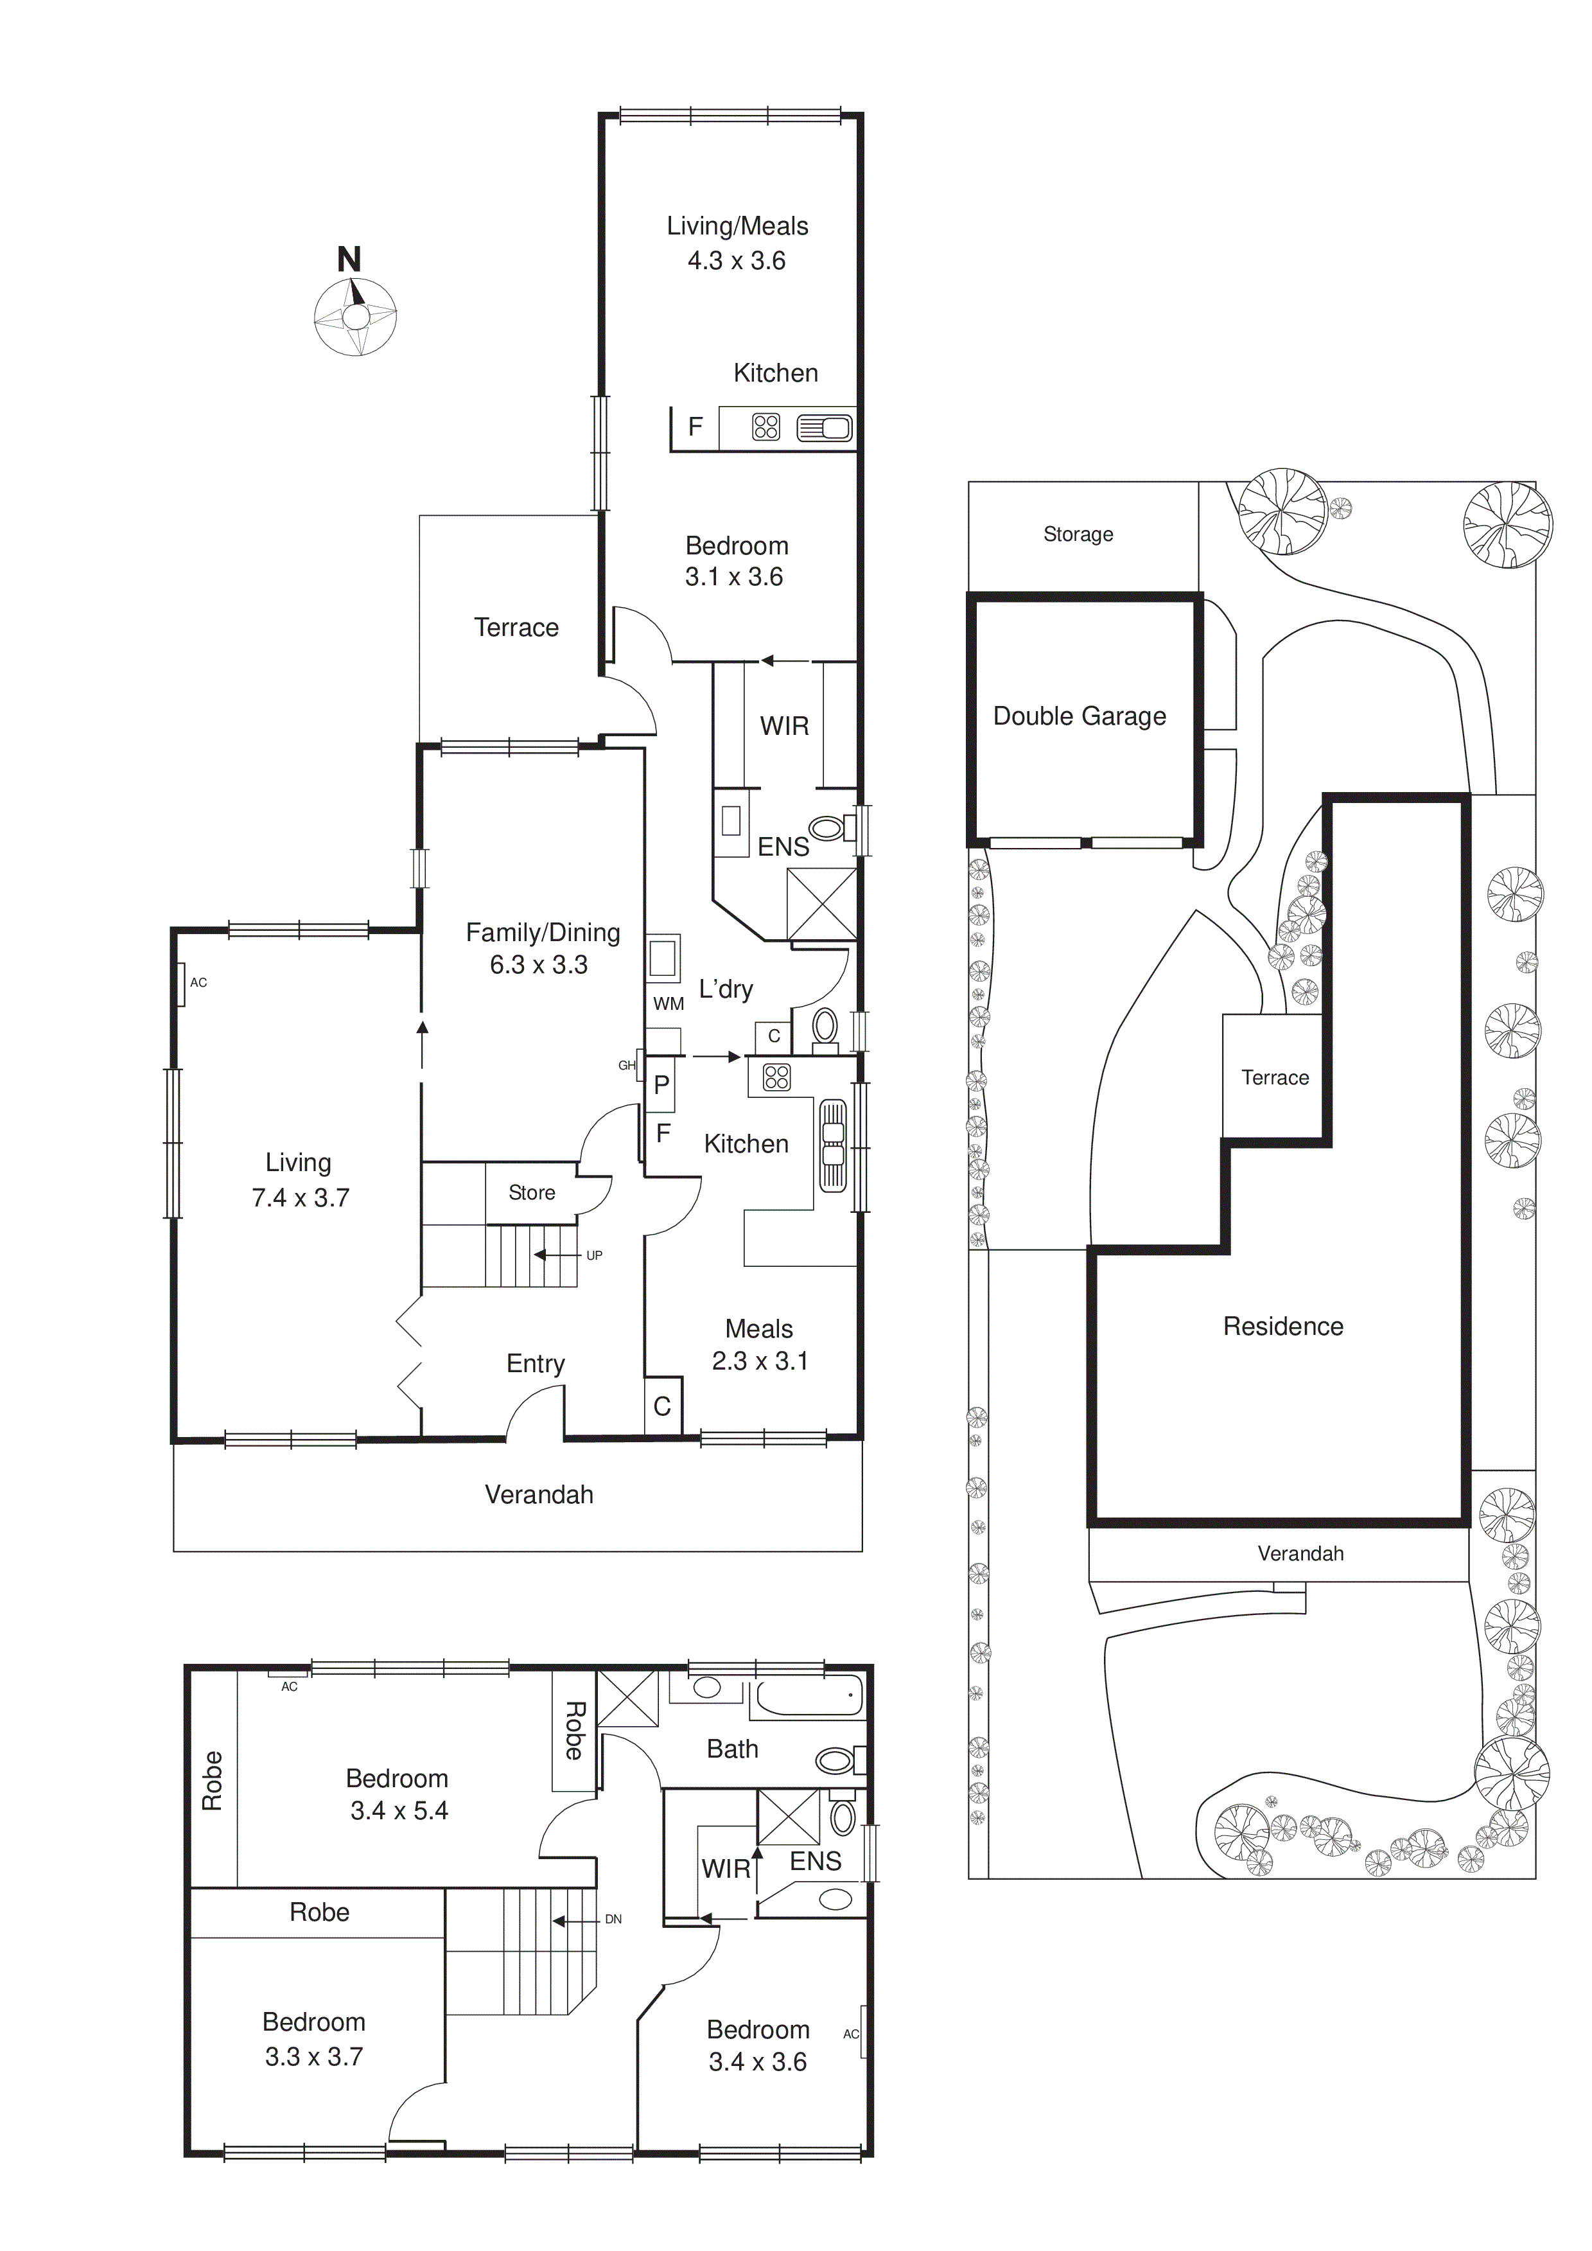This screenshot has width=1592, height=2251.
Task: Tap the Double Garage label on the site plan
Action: tap(1080, 717)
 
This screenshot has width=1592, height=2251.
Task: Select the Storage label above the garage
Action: tap(1078, 534)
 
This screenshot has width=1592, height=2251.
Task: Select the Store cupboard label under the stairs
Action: tap(531, 1192)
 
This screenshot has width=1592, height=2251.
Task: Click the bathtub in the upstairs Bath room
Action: tap(808, 1696)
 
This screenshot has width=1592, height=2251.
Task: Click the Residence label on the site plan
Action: tap(1282, 1327)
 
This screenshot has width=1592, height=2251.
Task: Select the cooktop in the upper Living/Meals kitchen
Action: tap(765, 427)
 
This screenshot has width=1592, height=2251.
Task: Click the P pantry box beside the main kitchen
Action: tap(661, 1084)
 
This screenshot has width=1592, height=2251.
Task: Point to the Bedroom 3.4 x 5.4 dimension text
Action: tap(399, 1811)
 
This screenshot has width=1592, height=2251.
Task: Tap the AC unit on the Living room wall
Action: tap(183, 984)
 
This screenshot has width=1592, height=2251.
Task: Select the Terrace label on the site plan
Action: tap(1274, 1077)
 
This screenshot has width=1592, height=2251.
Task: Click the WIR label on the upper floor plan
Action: tap(726, 1869)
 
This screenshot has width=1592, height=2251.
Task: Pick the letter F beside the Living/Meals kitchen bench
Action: tap(695, 427)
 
